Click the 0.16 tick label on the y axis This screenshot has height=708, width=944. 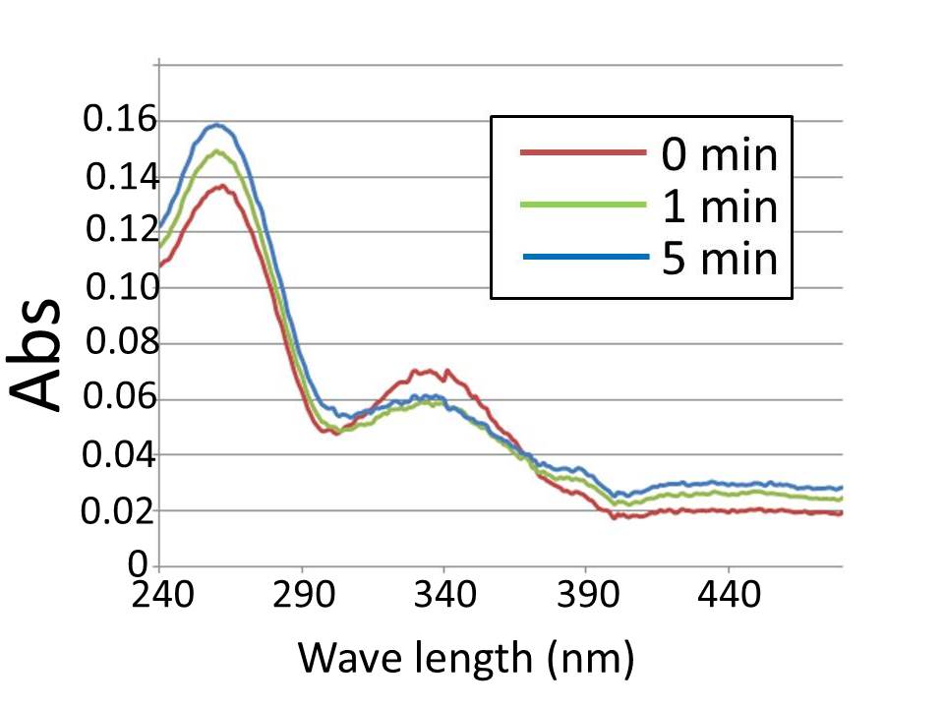[x=119, y=121]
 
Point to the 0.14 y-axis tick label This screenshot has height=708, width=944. [x=120, y=178]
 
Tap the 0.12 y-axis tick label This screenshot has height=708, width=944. [x=119, y=233]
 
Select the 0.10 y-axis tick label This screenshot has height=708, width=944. [x=119, y=289]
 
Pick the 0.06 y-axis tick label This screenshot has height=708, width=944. [x=119, y=400]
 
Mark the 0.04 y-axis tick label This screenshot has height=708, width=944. [x=119, y=456]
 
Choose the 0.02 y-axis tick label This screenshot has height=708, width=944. [x=119, y=511]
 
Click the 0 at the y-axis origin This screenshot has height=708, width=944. [x=139, y=565]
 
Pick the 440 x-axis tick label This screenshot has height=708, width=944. [x=728, y=596]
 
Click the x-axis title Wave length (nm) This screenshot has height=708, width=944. [x=464, y=656]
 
